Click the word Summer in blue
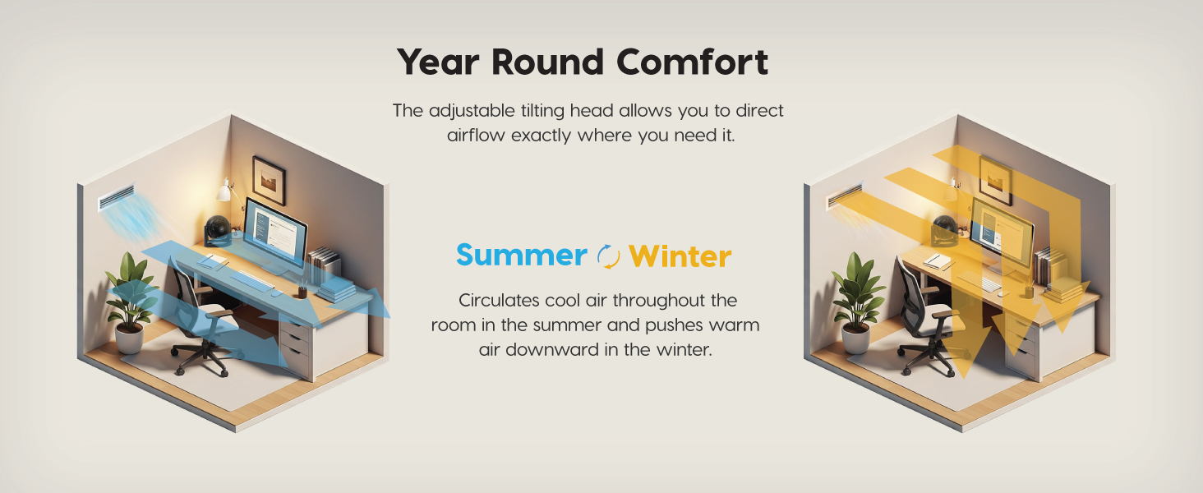(521, 255)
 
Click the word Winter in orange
(680, 256)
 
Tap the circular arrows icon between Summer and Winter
(608, 256)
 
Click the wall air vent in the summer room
(117, 198)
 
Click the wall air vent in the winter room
(845, 196)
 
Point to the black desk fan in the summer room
(219, 231)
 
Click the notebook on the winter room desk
(938, 261)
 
